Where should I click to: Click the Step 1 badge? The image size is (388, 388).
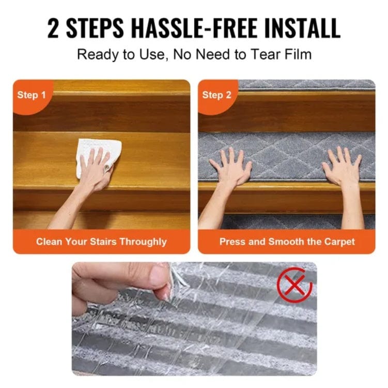(32, 95)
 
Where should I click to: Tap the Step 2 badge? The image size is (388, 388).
(216, 95)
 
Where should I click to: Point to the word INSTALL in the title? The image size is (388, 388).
(305, 28)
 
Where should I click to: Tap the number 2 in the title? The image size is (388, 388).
(53, 28)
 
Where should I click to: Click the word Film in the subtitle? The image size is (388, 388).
(298, 54)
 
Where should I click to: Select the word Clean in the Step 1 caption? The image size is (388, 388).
(48, 242)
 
